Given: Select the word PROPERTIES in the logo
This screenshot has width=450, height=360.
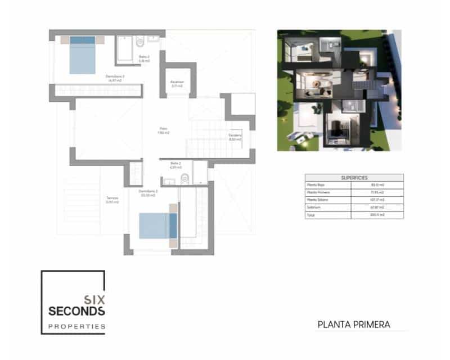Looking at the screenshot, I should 76,326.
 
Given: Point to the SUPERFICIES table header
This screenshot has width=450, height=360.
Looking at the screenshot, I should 354,178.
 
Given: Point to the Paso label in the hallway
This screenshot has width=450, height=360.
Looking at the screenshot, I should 164,130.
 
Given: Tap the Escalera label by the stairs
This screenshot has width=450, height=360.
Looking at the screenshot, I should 235,136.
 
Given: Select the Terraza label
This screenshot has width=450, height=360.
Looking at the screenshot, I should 112,199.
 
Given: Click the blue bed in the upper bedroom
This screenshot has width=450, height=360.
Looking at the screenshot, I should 83,55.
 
